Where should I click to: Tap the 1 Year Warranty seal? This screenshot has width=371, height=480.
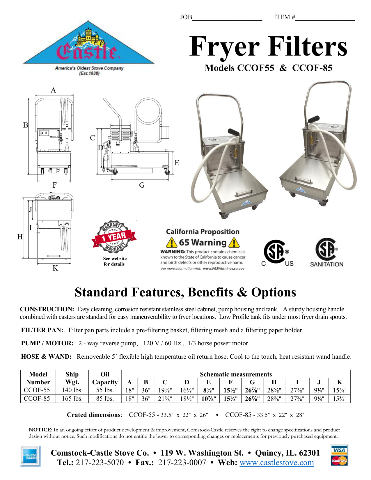114,236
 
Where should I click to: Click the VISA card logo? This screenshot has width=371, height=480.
339,450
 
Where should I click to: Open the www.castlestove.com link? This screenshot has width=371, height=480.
276,463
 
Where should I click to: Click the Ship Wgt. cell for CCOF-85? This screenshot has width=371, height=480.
72,399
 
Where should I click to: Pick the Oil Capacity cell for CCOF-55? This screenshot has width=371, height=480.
105,390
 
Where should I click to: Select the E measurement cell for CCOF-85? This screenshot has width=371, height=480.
209,399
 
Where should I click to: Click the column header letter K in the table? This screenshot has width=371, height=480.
339,382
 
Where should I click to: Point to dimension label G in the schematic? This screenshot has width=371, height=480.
142,185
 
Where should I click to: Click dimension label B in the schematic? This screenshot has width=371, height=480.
26,125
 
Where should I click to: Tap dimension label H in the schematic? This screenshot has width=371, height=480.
20,237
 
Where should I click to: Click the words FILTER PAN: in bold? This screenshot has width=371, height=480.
42,330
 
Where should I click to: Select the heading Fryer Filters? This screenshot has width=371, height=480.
268,47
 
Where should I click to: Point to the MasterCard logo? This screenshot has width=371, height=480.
339,460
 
